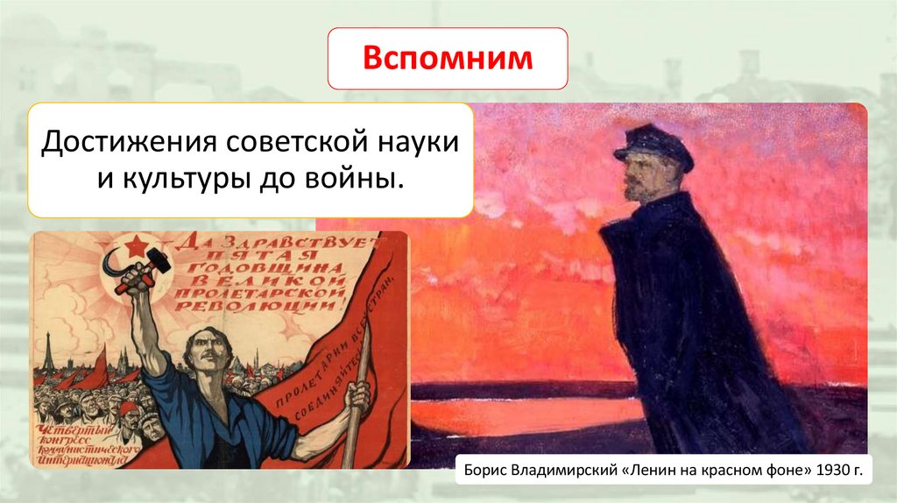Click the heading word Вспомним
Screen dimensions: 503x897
pos(448,58)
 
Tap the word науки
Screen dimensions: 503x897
pos(420,140)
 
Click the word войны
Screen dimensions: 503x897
pos(359,180)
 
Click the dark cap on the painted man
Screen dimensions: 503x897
pos(653,145)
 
